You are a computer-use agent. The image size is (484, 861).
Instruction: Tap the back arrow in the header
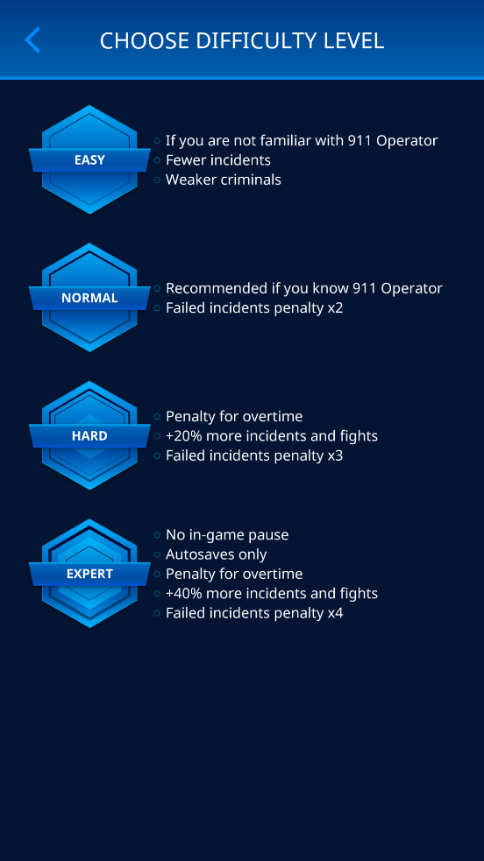click(32, 40)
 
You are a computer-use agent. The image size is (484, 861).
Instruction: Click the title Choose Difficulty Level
click(242, 41)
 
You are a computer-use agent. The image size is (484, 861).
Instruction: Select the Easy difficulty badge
click(89, 159)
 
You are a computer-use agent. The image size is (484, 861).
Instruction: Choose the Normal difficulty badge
click(89, 298)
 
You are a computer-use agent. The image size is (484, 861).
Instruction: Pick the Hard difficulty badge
click(89, 435)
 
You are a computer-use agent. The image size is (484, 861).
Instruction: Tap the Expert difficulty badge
click(89, 573)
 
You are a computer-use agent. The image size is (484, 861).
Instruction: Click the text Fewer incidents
click(218, 160)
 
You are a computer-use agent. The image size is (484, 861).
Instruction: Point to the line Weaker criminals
click(224, 180)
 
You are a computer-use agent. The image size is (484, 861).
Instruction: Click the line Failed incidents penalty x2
click(254, 308)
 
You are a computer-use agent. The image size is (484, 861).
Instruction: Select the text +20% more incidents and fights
click(272, 436)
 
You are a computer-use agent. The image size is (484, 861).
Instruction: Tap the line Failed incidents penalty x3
click(254, 455)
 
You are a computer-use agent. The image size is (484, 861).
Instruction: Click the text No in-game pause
click(227, 535)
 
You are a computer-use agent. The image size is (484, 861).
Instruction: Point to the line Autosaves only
click(217, 554)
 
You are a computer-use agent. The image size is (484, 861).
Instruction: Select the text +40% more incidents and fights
click(272, 594)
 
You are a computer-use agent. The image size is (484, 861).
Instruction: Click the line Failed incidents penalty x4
click(254, 613)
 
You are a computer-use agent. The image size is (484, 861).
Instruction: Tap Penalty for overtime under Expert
click(234, 574)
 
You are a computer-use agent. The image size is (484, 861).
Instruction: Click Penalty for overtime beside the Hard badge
click(234, 416)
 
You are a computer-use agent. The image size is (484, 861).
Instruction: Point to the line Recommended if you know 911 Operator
click(303, 288)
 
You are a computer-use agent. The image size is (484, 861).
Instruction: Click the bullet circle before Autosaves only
click(157, 554)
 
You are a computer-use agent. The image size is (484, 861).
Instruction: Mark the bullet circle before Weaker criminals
click(157, 180)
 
